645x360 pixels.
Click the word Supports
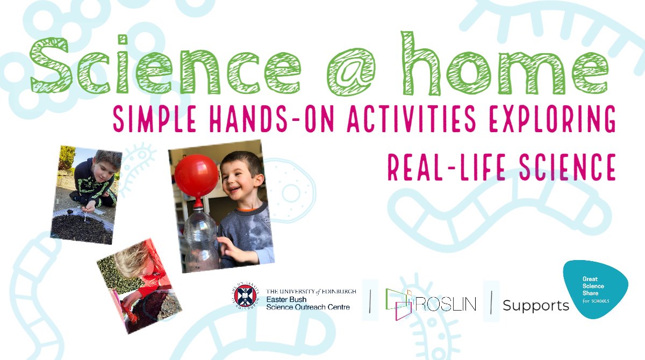point(535,306)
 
